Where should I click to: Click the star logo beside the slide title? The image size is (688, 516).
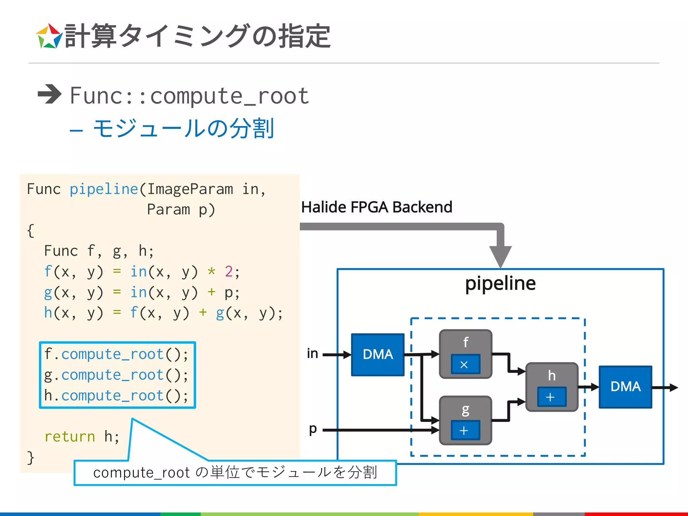pyautogui.click(x=49, y=36)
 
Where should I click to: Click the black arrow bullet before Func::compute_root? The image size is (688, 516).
pyautogui.click(x=49, y=94)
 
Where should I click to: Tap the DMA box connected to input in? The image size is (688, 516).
pyautogui.click(x=378, y=354)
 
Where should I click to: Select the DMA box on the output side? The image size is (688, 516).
pyautogui.click(x=625, y=387)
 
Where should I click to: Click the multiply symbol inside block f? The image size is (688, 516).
pyautogui.click(x=465, y=364)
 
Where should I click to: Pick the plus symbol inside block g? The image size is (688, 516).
pyautogui.click(x=465, y=430)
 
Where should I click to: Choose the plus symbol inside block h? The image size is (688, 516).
pyautogui.click(x=551, y=397)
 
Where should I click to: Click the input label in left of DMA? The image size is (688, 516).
pyautogui.click(x=312, y=353)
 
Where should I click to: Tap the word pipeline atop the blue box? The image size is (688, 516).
pyautogui.click(x=500, y=283)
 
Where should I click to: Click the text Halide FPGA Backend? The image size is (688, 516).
pyautogui.click(x=376, y=207)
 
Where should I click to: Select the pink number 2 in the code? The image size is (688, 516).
pyautogui.click(x=229, y=271)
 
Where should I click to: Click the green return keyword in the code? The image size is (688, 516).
pyautogui.click(x=70, y=436)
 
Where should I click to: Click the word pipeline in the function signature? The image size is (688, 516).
pyautogui.click(x=104, y=189)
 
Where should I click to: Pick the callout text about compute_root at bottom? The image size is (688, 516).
pyautogui.click(x=235, y=473)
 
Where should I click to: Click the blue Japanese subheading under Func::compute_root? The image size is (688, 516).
pyautogui.click(x=183, y=128)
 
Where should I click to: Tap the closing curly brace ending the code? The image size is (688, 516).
pyautogui.click(x=31, y=458)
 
